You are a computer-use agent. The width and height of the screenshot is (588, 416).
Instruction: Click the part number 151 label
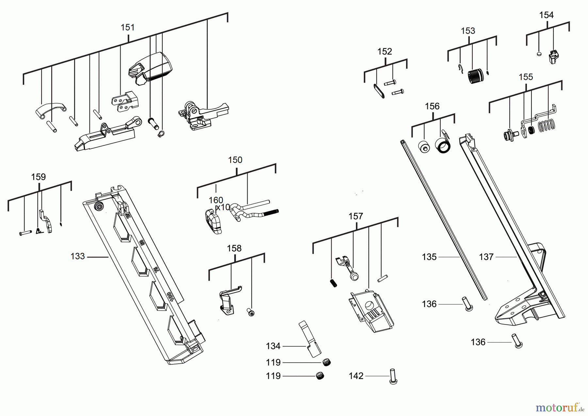click(128, 27)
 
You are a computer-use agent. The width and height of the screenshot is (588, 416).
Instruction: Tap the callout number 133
click(78, 256)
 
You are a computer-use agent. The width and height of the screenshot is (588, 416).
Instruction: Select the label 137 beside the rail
click(486, 257)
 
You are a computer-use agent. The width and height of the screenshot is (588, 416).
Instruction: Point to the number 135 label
click(429, 257)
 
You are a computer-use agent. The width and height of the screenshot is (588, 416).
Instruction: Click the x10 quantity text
click(223, 207)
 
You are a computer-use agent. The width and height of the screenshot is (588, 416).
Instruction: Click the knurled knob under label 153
click(476, 76)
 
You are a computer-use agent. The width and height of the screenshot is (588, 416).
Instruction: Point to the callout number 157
click(356, 217)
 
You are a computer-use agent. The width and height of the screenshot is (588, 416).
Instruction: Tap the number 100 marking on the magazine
click(170, 297)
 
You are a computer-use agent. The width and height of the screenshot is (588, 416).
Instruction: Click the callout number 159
click(38, 177)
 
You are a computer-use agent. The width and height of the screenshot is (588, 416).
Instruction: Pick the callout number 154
click(546, 15)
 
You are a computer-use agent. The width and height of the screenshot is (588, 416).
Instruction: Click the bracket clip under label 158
click(229, 300)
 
